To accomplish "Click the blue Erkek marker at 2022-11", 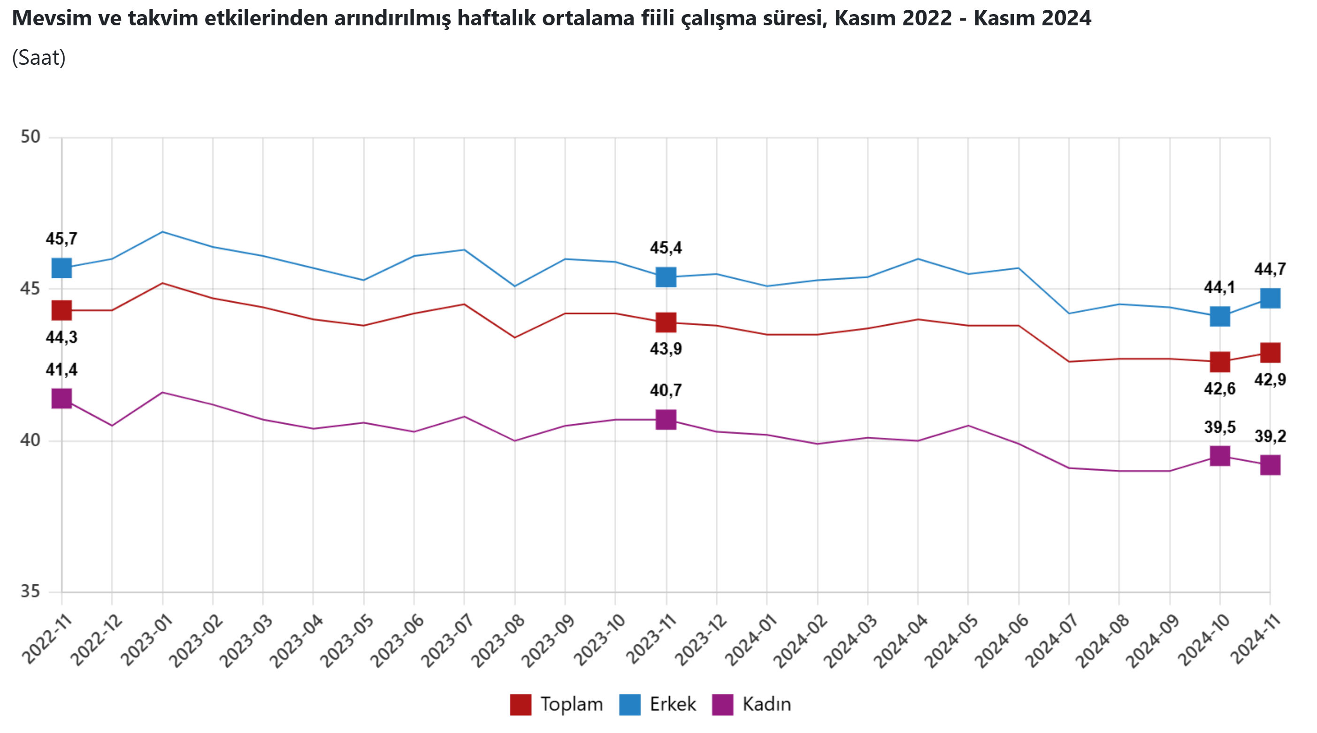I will [x=61, y=267].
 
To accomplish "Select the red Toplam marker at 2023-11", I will [x=666, y=322].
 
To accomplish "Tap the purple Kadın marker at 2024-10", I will [x=1220, y=456].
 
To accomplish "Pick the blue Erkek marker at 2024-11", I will [x=1270, y=298].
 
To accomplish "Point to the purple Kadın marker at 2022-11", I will [x=61, y=398].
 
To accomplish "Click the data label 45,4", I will [x=666, y=248].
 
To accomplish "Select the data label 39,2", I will [x=1270, y=436].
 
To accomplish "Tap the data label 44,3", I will [x=61, y=337].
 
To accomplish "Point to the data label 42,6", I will [x=1219, y=389].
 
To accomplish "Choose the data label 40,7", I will [x=666, y=390].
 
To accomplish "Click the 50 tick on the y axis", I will [x=30, y=137].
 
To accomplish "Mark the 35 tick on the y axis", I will [x=30, y=592].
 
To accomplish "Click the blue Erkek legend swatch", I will [x=629, y=704].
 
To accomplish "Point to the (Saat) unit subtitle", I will [x=39, y=58].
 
